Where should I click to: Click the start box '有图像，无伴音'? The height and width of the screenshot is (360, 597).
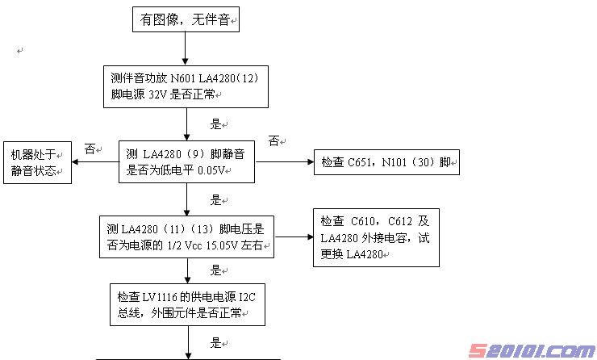[185, 20]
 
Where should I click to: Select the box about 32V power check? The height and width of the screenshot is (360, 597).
[186, 86]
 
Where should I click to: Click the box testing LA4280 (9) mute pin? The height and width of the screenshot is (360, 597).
[186, 162]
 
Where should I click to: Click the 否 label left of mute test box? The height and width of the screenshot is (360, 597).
[90, 149]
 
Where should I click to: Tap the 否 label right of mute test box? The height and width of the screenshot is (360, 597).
[273, 141]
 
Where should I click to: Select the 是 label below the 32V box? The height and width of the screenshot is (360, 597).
[215, 125]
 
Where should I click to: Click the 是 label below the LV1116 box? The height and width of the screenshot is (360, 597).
[215, 342]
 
